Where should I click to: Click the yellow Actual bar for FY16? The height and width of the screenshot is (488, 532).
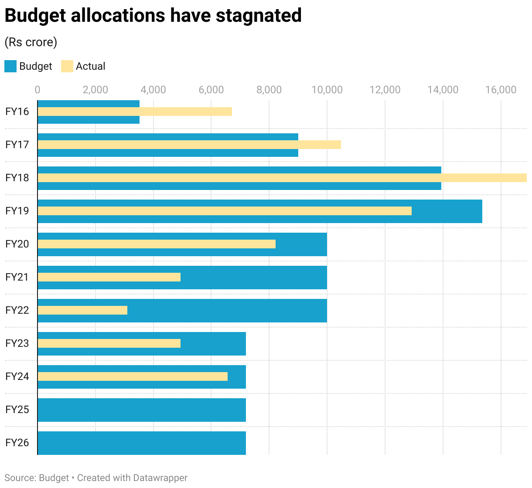(135, 112)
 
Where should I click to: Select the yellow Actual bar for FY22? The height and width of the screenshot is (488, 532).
(82, 310)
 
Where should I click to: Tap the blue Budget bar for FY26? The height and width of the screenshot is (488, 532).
(142, 443)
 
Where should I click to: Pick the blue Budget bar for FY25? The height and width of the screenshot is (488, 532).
(142, 410)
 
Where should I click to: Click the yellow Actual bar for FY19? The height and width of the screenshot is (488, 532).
(225, 211)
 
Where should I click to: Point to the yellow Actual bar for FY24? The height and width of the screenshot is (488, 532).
(133, 376)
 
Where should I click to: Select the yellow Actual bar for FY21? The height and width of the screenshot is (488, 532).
(109, 277)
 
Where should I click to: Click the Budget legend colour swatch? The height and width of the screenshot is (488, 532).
(10, 66)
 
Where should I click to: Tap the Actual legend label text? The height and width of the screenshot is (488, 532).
(90, 66)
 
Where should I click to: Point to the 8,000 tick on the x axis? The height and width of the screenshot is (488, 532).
(269, 90)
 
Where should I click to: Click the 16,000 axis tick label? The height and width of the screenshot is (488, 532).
(501, 90)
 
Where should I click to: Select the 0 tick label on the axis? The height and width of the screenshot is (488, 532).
(38, 90)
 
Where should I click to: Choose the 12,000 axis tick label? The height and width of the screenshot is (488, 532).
(385, 90)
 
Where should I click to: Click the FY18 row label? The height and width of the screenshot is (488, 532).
(17, 178)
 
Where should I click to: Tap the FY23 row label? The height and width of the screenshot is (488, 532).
(17, 343)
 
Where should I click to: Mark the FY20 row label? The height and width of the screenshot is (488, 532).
(17, 244)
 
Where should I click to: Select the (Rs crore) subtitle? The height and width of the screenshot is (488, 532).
(31, 42)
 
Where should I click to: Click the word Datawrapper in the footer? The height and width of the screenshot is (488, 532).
(160, 478)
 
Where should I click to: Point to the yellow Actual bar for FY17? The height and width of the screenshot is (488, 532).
(189, 145)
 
